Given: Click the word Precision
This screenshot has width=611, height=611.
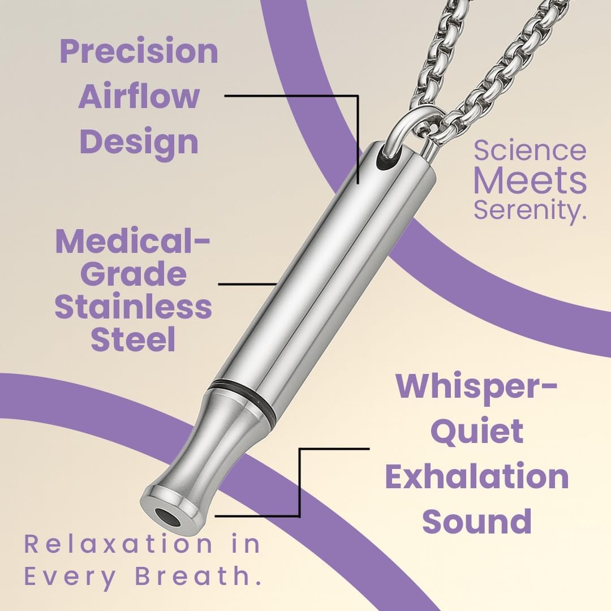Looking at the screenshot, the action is (x=139, y=52).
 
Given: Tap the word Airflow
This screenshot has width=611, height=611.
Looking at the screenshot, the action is (x=139, y=96).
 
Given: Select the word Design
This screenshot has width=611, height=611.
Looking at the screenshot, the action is (x=139, y=141).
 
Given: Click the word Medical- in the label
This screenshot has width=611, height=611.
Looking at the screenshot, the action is (x=132, y=242).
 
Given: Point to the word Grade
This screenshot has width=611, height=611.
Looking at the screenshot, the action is (x=134, y=274).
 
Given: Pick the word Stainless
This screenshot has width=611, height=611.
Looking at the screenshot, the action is (x=134, y=307).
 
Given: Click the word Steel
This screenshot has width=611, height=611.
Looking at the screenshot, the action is (x=134, y=339).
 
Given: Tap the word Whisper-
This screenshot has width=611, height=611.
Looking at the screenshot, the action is (x=477, y=386).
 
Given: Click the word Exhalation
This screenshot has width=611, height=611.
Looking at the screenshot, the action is (x=477, y=476).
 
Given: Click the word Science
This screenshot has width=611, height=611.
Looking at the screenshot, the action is (x=530, y=150).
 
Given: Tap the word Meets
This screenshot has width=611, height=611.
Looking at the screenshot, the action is (x=530, y=180).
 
